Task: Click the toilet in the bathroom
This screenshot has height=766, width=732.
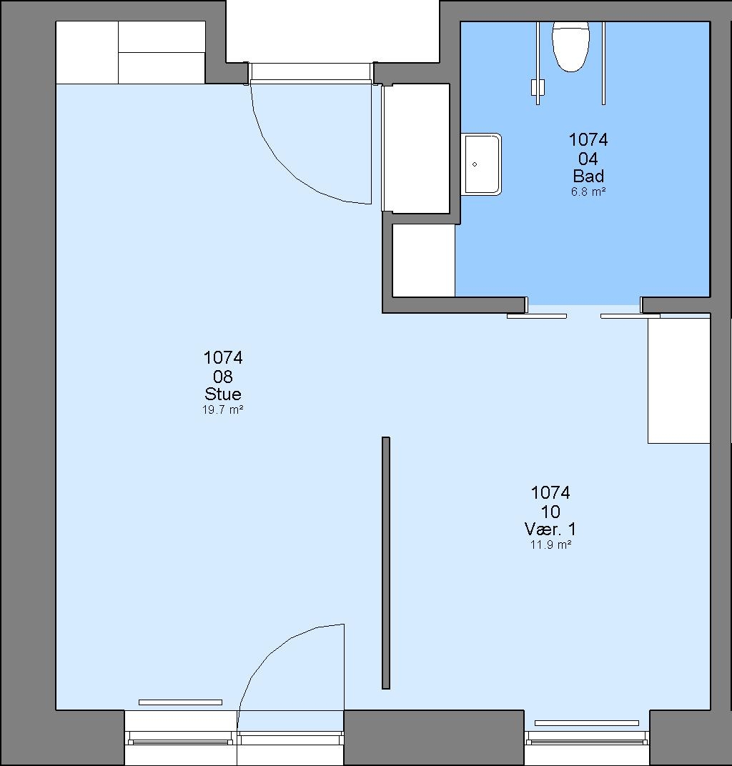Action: [570, 46]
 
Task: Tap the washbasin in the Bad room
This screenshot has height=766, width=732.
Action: [481, 164]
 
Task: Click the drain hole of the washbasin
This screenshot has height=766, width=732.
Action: [475, 164]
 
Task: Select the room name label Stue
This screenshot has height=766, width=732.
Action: [223, 394]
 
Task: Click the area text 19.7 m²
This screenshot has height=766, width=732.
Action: [223, 409]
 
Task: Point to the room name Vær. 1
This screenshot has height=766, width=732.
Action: [550, 529]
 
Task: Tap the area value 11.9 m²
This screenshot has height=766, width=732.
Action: [550, 544]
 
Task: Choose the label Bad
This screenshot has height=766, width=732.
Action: [588, 175]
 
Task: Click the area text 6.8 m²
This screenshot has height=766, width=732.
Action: [588, 191]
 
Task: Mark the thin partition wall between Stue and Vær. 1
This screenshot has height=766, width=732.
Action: [386, 563]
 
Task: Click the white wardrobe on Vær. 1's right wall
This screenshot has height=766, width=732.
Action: [678, 381]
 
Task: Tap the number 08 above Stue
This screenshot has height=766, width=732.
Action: [223, 376]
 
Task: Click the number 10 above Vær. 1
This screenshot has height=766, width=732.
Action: [550, 512]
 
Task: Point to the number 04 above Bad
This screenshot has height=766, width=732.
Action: [588, 159]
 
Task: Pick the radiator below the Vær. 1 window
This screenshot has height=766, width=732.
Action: [586, 723]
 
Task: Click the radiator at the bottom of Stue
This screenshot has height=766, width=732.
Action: [180, 702]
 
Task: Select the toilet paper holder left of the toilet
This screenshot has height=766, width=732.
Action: [538, 88]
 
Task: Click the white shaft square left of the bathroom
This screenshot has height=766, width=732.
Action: [424, 260]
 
